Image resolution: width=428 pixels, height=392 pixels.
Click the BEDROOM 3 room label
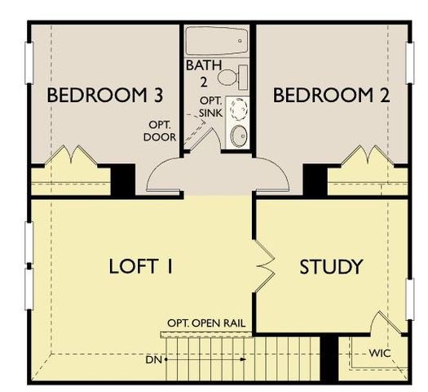click(104, 96)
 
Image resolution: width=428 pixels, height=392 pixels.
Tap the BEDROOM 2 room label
click(331, 96)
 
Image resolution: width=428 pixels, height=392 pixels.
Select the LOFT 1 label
click(144, 267)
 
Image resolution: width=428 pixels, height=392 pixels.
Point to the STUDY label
click(331, 267)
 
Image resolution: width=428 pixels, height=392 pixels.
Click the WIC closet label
click(380, 354)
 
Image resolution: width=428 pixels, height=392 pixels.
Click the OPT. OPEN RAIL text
click(208, 323)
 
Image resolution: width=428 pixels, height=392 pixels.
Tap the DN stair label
click(153, 359)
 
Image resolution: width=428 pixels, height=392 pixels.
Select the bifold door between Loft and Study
click(266, 265)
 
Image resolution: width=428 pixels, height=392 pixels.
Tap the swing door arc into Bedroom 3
click(168, 173)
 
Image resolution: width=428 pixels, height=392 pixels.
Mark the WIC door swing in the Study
click(384, 327)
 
